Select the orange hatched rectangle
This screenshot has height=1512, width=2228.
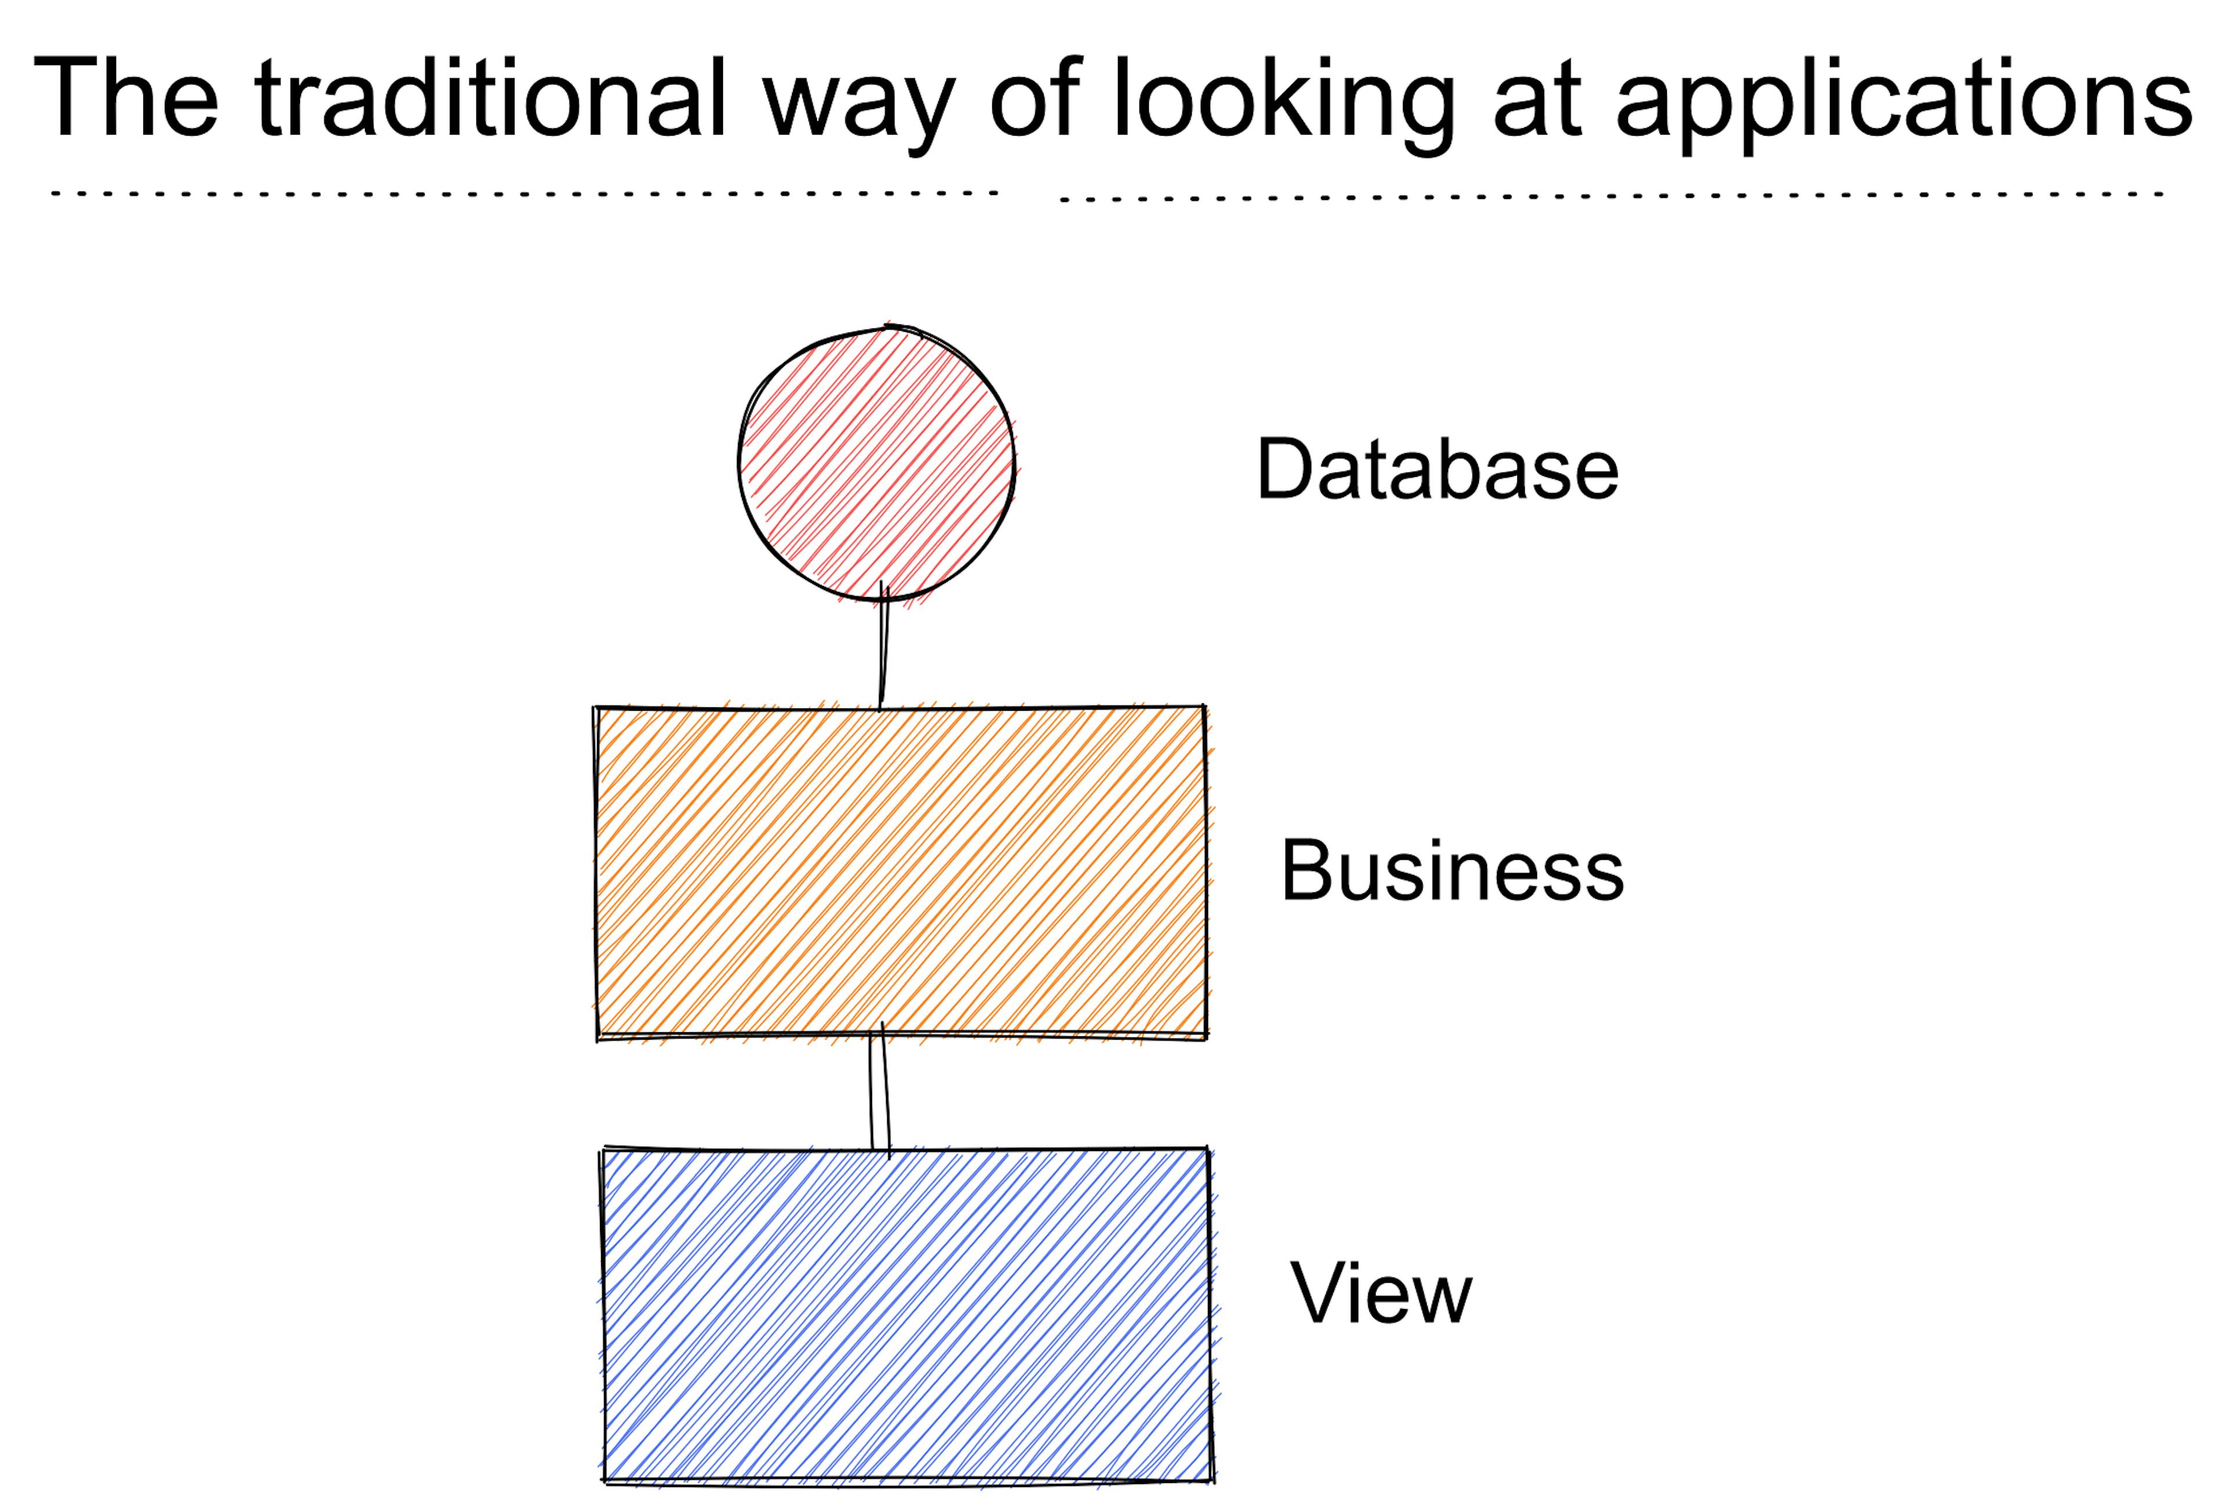click(901, 873)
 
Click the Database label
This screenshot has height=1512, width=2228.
click(1437, 469)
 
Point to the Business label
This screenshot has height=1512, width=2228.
click(1452, 870)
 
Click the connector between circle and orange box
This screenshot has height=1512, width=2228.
click(884, 646)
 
